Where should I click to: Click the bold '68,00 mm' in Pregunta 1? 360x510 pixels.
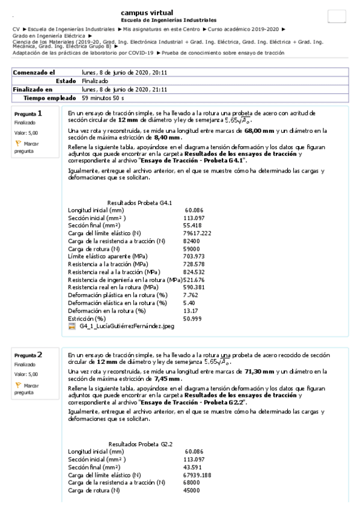click(260, 130)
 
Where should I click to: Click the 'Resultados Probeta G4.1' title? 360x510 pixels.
click(139, 203)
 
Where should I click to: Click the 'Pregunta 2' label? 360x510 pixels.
click(28, 355)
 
